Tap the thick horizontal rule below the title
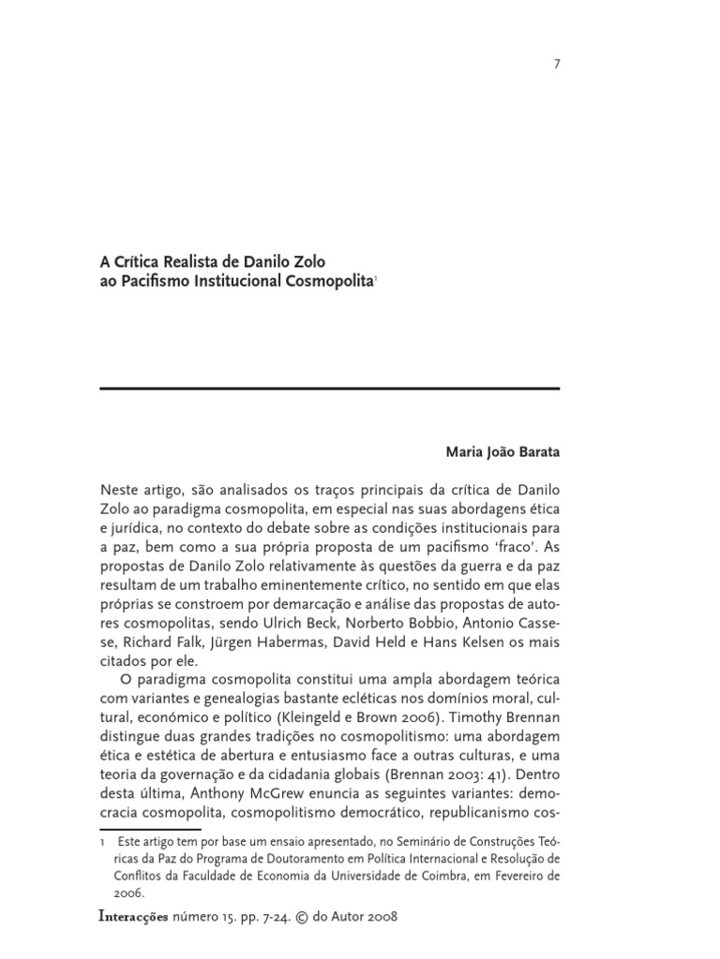click(329, 388)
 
